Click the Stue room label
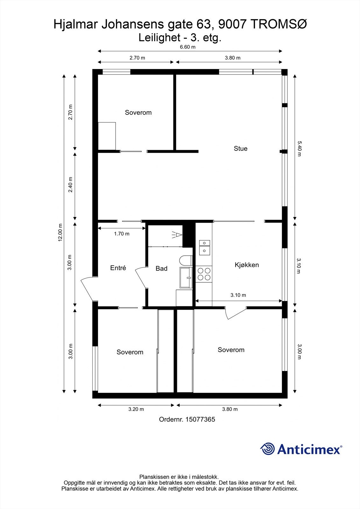point(240,149)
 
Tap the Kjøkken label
point(247,265)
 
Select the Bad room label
point(161,268)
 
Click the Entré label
point(118,268)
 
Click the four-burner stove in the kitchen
point(204,274)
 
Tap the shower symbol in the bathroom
point(177,235)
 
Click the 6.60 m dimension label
point(188,47)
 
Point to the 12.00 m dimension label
point(60,233)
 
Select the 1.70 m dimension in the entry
point(122,234)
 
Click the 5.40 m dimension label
point(299,149)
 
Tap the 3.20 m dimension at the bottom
point(136,409)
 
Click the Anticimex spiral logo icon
point(267,449)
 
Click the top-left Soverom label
point(138,113)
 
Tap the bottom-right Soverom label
point(231,350)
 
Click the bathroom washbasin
point(186,278)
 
